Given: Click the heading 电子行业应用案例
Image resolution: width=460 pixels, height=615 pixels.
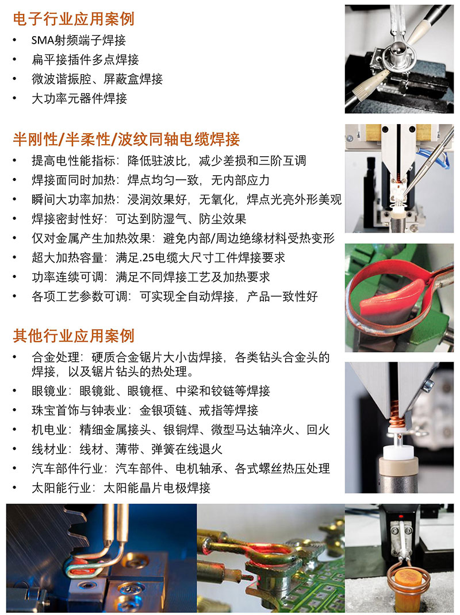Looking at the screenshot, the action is pos(74,19).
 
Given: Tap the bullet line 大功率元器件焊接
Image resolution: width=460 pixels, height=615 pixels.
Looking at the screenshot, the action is pos(79,98).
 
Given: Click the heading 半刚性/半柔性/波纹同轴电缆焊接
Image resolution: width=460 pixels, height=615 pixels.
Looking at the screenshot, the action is pos(126,139).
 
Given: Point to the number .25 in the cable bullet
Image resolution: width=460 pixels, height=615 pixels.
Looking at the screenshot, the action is pos(147,258).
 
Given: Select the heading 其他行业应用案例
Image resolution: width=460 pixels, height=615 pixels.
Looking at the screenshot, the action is pos(74,336).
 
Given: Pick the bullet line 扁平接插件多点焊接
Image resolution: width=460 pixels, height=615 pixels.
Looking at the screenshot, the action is pos(85,60).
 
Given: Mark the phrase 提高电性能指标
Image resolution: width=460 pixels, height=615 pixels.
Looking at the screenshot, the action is pos(74,161).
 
